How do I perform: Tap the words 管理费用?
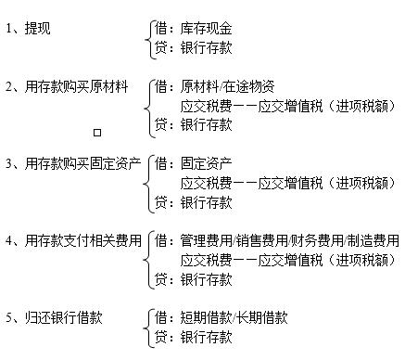coord(206,240)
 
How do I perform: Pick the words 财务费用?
coord(317,240)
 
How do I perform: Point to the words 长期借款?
coord(265,318)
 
